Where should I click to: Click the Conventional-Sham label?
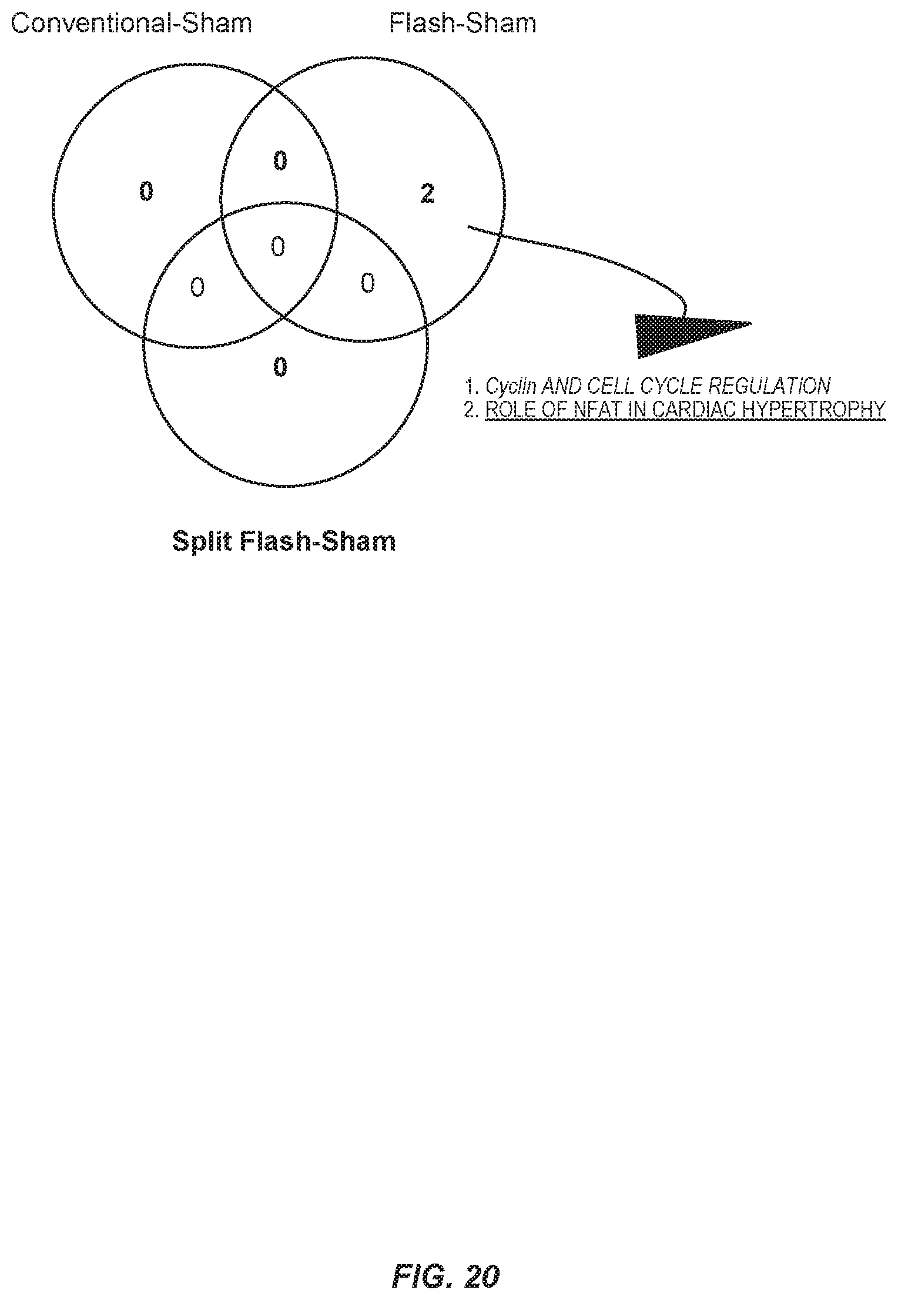click(132, 24)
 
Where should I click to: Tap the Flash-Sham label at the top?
click(463, 24)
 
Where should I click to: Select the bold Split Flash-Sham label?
click(284, 541)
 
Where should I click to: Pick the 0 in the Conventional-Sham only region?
click(146, 191)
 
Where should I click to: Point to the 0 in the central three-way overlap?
click(277, 246)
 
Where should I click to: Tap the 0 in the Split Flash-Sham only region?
click(281, 367)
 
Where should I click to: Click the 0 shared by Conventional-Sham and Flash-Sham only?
click(280, 160)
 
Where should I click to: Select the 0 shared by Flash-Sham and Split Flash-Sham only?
click(367, 284)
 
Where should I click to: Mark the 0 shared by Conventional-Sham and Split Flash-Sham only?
click(197, 287)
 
